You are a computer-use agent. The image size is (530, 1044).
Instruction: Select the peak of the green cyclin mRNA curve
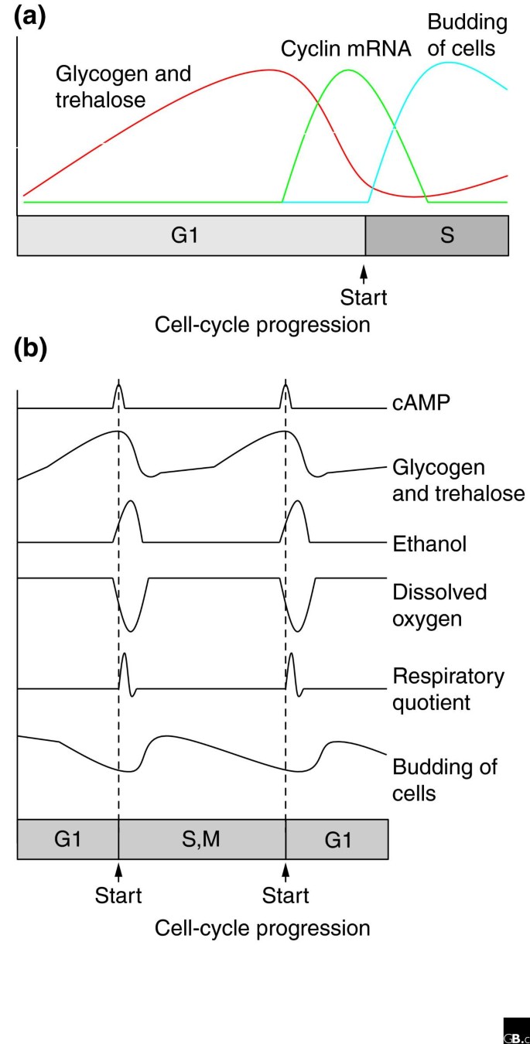pos(348,70)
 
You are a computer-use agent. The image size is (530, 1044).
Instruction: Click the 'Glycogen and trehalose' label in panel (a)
pos(124,87)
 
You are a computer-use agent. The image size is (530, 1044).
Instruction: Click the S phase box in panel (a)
pos(437,235)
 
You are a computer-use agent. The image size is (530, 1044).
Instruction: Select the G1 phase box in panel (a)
pos(190,235)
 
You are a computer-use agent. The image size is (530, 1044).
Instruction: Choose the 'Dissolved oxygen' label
pos(439,606)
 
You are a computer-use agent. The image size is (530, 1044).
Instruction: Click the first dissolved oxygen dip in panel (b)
pos(131,631)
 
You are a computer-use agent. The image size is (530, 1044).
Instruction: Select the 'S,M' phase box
pos(202,839)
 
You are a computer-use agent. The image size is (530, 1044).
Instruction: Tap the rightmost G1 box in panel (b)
pos(337,839)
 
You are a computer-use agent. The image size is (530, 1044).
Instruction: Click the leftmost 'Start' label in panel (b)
pos(118,896)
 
